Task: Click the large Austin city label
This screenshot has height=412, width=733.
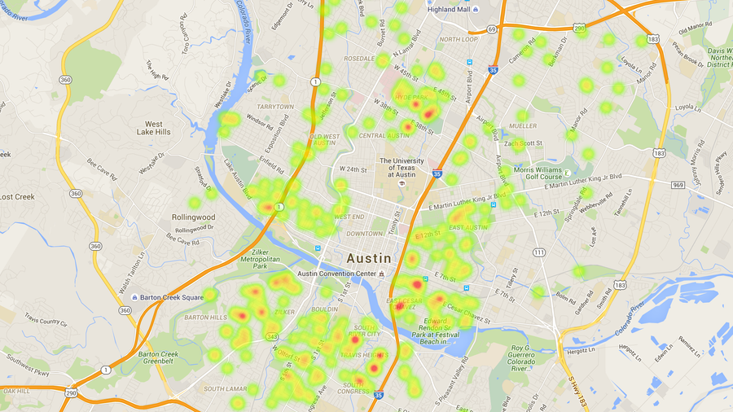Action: pyautogui.click(x=369, y=257)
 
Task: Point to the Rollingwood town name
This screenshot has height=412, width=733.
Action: pyautogui.click(x=193, y=217)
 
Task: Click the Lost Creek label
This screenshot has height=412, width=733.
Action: pyautogui.click(x=16, y=197)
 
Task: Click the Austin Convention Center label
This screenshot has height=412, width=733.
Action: pyautogui.click(x=337, y=274)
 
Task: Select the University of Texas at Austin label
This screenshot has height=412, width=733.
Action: pyautogui.click(x=402, y=167)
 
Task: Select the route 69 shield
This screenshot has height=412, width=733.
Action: pyautogui.click(x=492, y=29)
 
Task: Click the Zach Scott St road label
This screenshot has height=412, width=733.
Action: pyautogui.click(x=523, y=143)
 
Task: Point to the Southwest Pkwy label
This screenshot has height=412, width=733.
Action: pyautogui.click(x=25, y=361)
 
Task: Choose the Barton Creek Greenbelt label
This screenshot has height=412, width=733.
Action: pyautogui.click(x=158, y=358)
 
